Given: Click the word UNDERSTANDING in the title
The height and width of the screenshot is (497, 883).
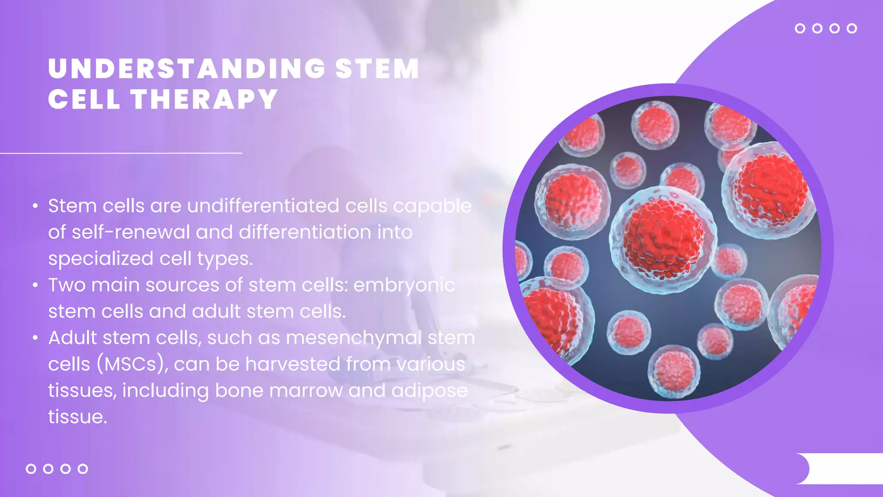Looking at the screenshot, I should [186, 69].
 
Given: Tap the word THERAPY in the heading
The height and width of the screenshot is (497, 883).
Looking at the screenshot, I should [204, 99].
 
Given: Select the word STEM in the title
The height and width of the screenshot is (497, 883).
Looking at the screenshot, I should [377, 69].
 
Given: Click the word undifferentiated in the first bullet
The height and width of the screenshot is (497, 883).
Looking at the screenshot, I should [263, 206].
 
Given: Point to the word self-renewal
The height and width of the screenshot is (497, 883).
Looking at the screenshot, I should [131, 233].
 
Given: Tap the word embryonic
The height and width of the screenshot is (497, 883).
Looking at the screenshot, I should [404, 285].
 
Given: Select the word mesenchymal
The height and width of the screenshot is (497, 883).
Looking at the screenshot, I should [354, 338].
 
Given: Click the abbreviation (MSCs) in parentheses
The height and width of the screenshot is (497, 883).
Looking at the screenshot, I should [132, 365].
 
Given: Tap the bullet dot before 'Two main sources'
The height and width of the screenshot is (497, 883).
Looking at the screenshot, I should [35, 285].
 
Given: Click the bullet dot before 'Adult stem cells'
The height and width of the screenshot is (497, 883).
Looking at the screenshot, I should [35, 338].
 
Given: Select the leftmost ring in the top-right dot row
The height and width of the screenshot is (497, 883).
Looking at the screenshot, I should [800, 28].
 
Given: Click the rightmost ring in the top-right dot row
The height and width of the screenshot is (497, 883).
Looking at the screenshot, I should [852, 28].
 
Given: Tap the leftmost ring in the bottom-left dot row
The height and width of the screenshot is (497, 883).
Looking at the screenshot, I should [31, 469].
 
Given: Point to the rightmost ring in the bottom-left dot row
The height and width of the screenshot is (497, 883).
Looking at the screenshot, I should [83, 469].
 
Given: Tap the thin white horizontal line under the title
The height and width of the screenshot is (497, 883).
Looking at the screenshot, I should [121, 153].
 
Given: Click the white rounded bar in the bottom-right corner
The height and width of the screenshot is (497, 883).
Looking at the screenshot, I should [841, 469].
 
